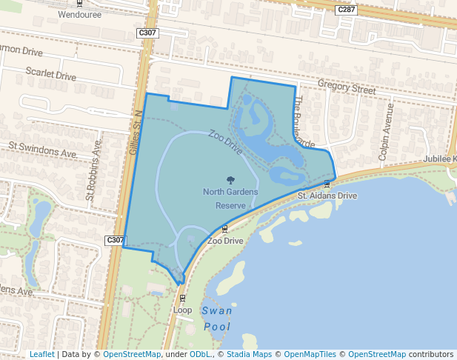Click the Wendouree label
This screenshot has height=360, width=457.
[x=78, y=13]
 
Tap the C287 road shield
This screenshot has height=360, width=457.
[x=344, y=10]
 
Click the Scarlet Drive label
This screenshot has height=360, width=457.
[x=51, y=76]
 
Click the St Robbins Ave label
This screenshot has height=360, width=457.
[x=93, y=176]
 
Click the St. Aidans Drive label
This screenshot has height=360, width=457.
[x=327, y=196]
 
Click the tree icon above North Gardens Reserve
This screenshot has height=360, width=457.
[x=230, y=179]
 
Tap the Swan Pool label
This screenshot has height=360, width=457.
[x=216, y=319]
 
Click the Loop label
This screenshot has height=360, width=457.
[x=183, y=310]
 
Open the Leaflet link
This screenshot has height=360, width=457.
[x=42, y=354]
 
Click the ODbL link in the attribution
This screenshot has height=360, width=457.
[x=200, y=354]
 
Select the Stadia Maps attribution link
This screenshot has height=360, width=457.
[x=248, y=354]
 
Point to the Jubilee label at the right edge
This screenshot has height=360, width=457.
[x=440, y=159]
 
